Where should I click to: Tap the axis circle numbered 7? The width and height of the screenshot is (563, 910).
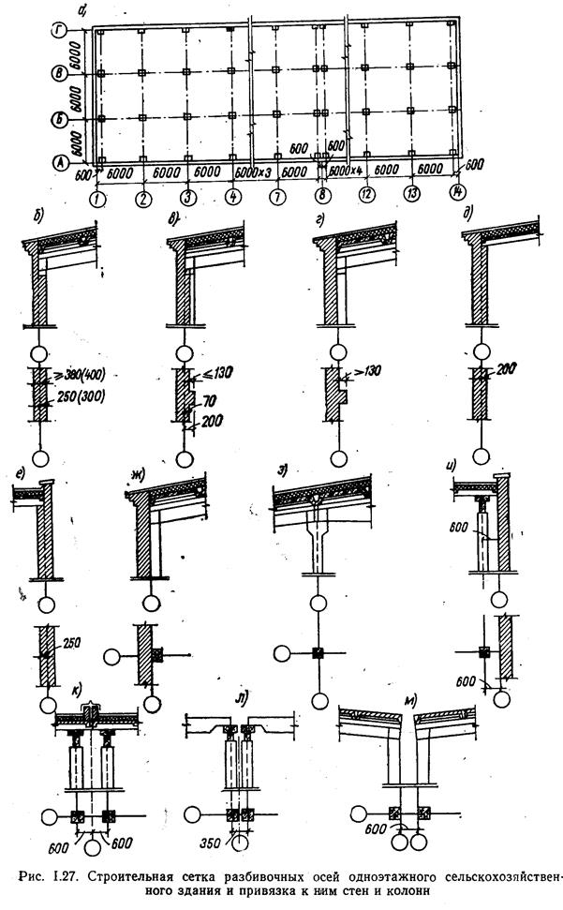click(x=277, y=198)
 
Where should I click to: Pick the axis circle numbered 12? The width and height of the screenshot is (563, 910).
click(x=368, y=197)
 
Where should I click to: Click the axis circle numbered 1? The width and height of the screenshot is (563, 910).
click(x=97, y=198)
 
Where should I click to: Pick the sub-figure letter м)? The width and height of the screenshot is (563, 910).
click(x=409, y=698)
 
